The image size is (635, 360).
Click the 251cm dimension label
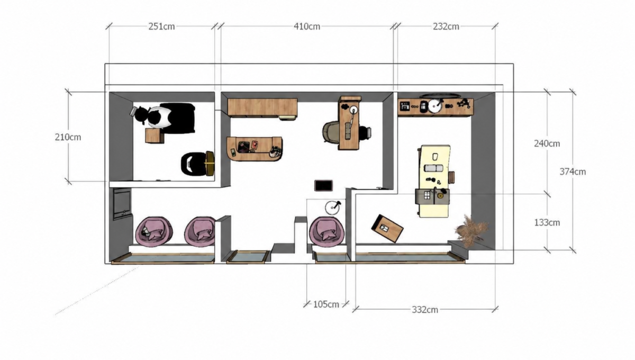(161, 26)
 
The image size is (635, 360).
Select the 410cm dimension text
(307, 26)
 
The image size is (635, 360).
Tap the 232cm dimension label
(446, 26)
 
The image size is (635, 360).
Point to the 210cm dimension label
(68, 137)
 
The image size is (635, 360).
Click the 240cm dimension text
(547, 143)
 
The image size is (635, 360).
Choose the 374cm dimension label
(573, 172)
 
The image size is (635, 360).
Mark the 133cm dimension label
(547, 223)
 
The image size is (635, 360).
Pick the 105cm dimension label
(326, 304)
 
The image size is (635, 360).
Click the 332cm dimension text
(424, 310)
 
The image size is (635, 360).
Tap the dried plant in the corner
(470, 230)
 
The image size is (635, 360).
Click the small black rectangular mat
(323, 185)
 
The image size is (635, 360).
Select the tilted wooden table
(387, 228)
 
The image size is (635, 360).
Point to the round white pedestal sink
(332, 208)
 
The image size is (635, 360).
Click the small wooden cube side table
(155, 136)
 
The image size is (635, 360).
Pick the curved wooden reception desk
(255, 149)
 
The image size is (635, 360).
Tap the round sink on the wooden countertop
(434, 106)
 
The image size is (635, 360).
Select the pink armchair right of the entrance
(326, 231)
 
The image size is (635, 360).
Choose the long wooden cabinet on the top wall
(262, 108)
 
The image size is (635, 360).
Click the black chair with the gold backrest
(197, 164)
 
